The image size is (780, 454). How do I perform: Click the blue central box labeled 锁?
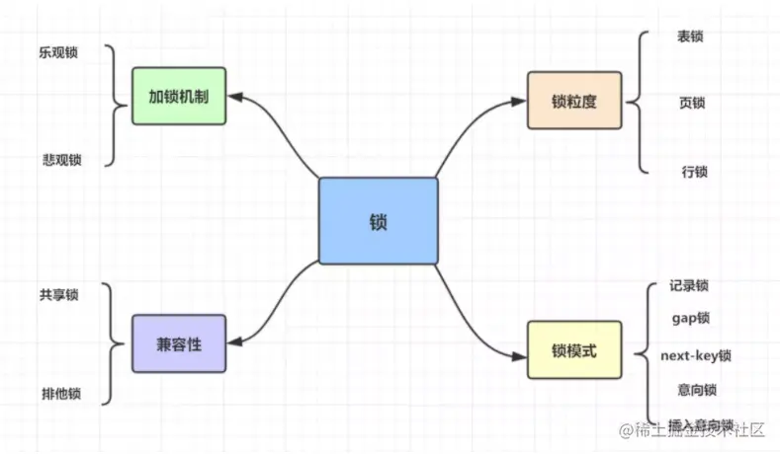pos(378,221)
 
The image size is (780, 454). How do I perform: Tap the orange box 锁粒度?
pos(573,100)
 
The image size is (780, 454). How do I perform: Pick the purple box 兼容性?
pos(178,343)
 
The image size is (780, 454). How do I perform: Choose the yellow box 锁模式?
pos(573,349)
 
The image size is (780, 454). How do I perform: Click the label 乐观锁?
pos(59,53)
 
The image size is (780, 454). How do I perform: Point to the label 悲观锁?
pos(61,160)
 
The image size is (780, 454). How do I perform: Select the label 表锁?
pos(690,37)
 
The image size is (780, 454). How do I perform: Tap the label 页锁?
pos(692,103)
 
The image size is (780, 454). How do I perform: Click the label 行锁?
pos(694,172)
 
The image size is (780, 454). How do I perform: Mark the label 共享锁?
pos(59,295)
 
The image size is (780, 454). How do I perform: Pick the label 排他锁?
pos(61,394)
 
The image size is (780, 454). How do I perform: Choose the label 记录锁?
pos(688,286)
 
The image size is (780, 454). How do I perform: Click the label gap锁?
pos(690,319)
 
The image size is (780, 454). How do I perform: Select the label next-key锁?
pos(696,354)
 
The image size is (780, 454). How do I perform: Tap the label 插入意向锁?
pos(692,422)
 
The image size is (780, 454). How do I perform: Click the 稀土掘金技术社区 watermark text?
pos(692,431)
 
